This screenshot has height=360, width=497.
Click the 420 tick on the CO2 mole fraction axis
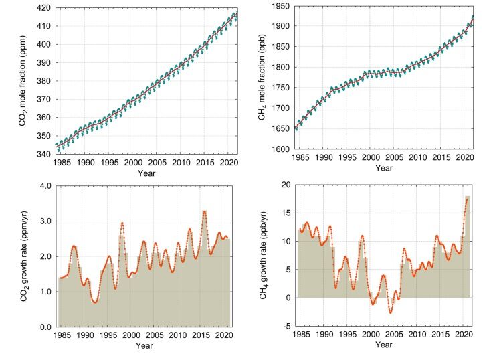coord(43,8)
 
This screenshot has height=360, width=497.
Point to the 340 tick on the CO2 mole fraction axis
coord(43,154)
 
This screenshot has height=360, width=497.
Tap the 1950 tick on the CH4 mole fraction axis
coord(280,6)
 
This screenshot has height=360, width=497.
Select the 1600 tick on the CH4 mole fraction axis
coord(280,149)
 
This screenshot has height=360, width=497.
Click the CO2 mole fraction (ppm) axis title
coord(23,81)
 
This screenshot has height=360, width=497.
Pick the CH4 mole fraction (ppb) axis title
coord(262,78)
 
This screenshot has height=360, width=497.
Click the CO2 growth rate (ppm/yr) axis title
coord(24,256)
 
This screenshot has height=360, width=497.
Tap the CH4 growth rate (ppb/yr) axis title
coord(263,256)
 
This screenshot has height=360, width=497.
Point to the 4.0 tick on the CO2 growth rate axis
coord(46,186)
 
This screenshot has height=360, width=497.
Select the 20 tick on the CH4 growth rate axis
coord(286,185)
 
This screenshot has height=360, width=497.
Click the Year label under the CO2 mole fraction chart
coord(146,173)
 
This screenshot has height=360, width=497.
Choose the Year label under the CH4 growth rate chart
coord(383,345)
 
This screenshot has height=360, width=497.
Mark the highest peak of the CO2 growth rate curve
coord(205,211)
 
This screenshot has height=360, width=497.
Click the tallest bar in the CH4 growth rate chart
coord(468,247)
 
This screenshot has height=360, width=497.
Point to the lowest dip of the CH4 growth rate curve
coord(391,313)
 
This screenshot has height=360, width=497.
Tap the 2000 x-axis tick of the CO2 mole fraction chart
coord(133,163)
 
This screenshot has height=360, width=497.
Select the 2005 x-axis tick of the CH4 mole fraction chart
coord(394,157)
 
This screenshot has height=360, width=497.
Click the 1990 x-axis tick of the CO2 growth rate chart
coord(85,335)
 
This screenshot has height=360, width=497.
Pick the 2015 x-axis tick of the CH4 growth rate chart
coord(441,335)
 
